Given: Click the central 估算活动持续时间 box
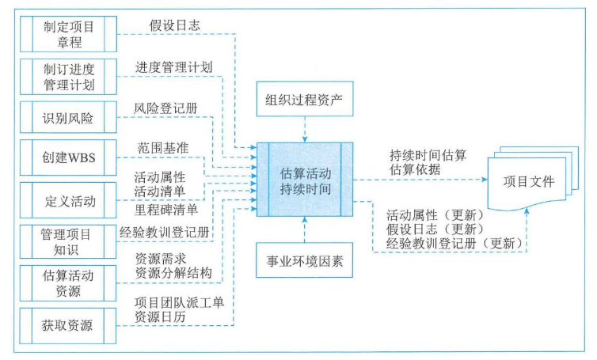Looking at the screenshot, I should pos(306,181).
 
